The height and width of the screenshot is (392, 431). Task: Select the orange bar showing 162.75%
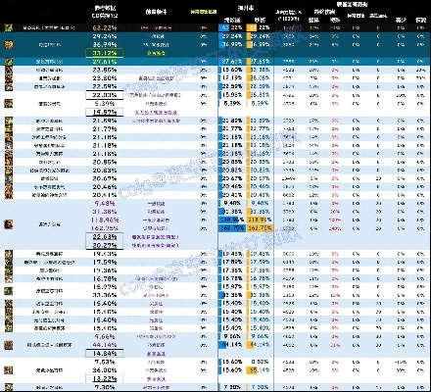point(259,228)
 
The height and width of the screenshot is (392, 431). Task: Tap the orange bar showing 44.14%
point(257,343)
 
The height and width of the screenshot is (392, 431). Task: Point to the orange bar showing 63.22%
point(258,28)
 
